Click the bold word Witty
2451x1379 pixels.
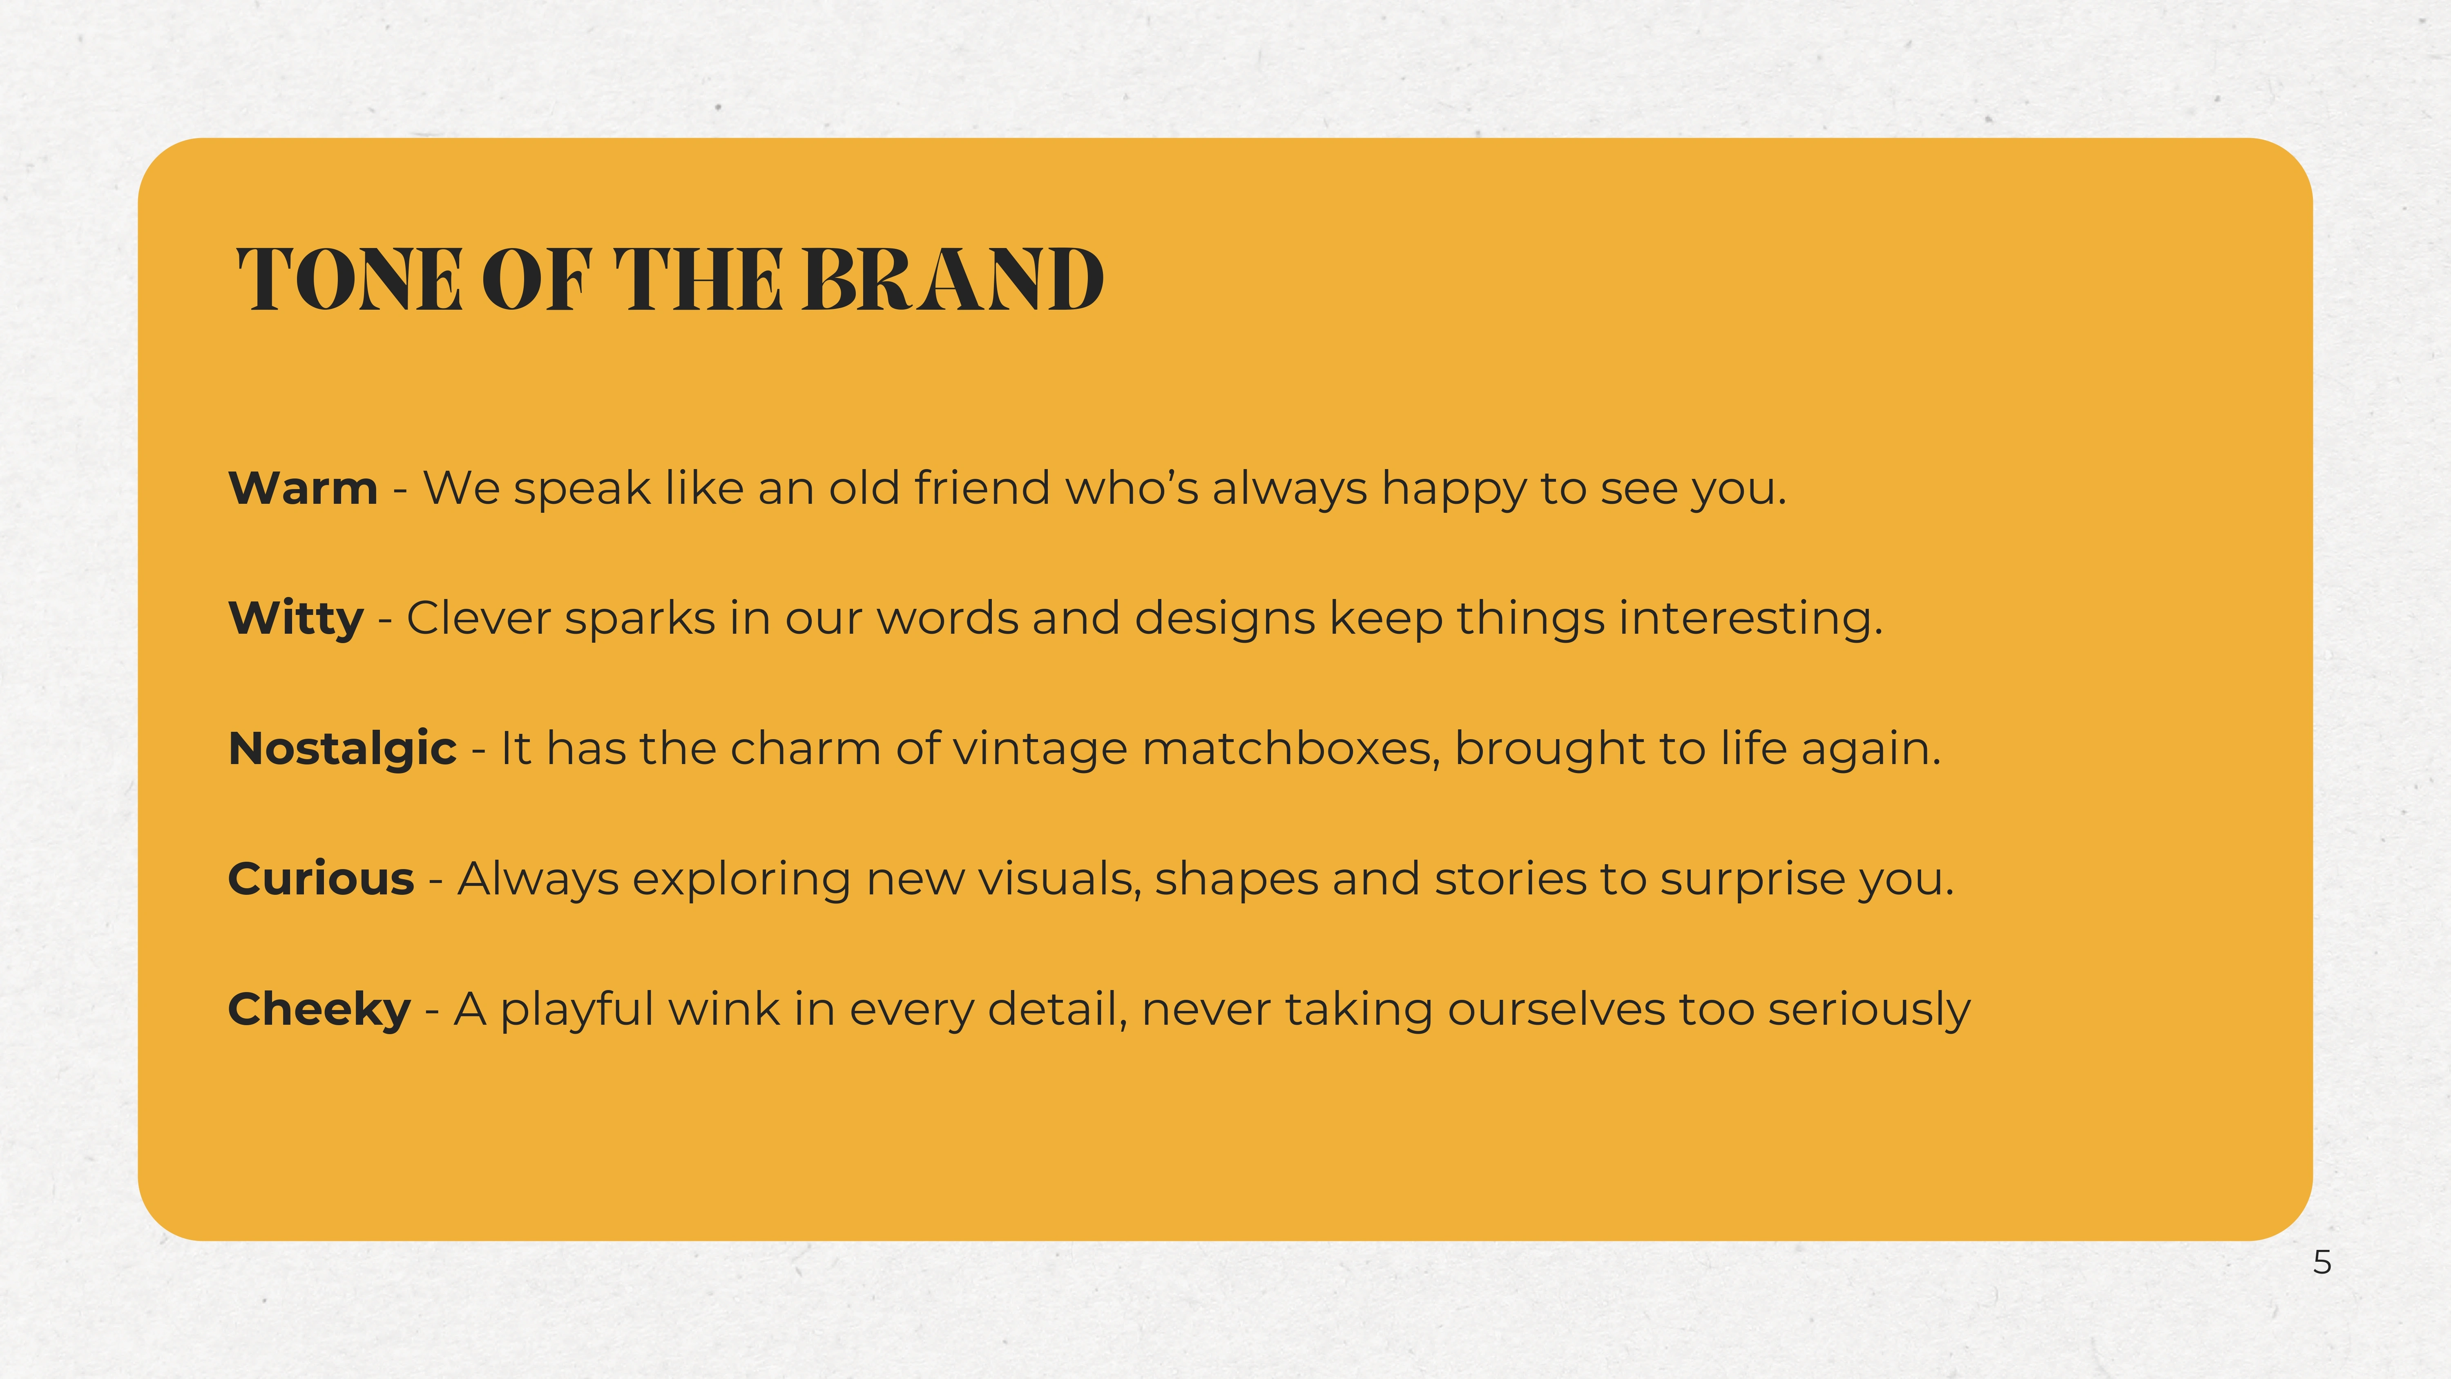point(296,619)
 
